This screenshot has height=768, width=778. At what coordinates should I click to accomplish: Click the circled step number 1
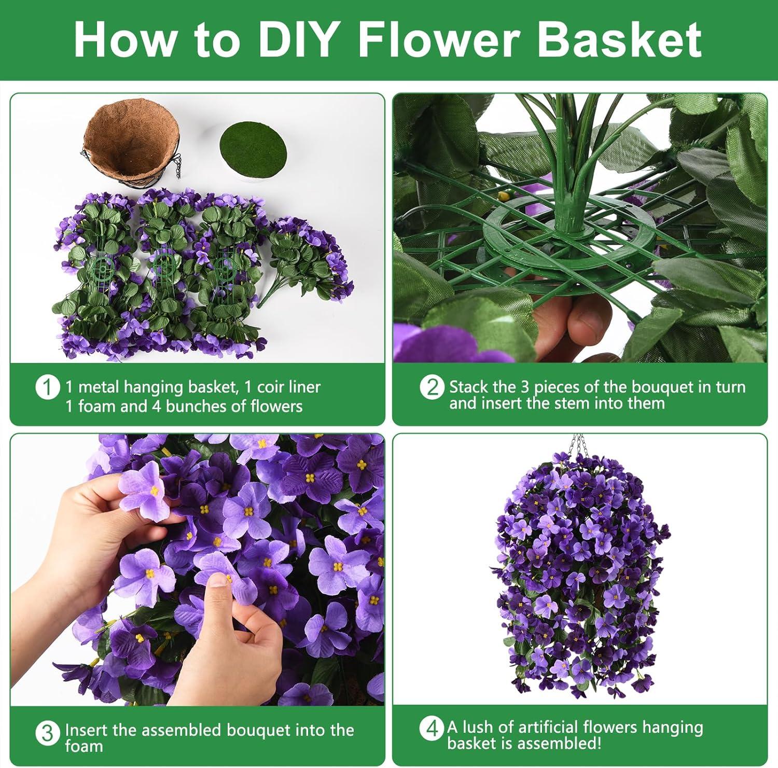click(47, 388)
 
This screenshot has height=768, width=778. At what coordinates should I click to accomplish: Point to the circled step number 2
click(432, 388)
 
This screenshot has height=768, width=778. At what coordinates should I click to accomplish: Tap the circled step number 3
click(47, 733)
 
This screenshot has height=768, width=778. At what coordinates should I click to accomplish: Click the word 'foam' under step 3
click(84, 746)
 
